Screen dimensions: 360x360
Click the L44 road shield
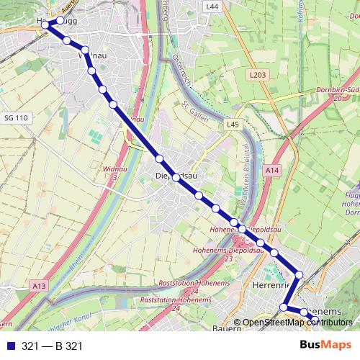(212, 6)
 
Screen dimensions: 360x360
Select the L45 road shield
(232, 125)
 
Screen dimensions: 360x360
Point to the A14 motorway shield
(271, 170)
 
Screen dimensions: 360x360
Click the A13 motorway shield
(39, 286)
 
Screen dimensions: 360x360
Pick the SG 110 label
(15, 117)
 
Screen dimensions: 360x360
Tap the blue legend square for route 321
(11, 346)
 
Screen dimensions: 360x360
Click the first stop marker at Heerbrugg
(45, 24)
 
